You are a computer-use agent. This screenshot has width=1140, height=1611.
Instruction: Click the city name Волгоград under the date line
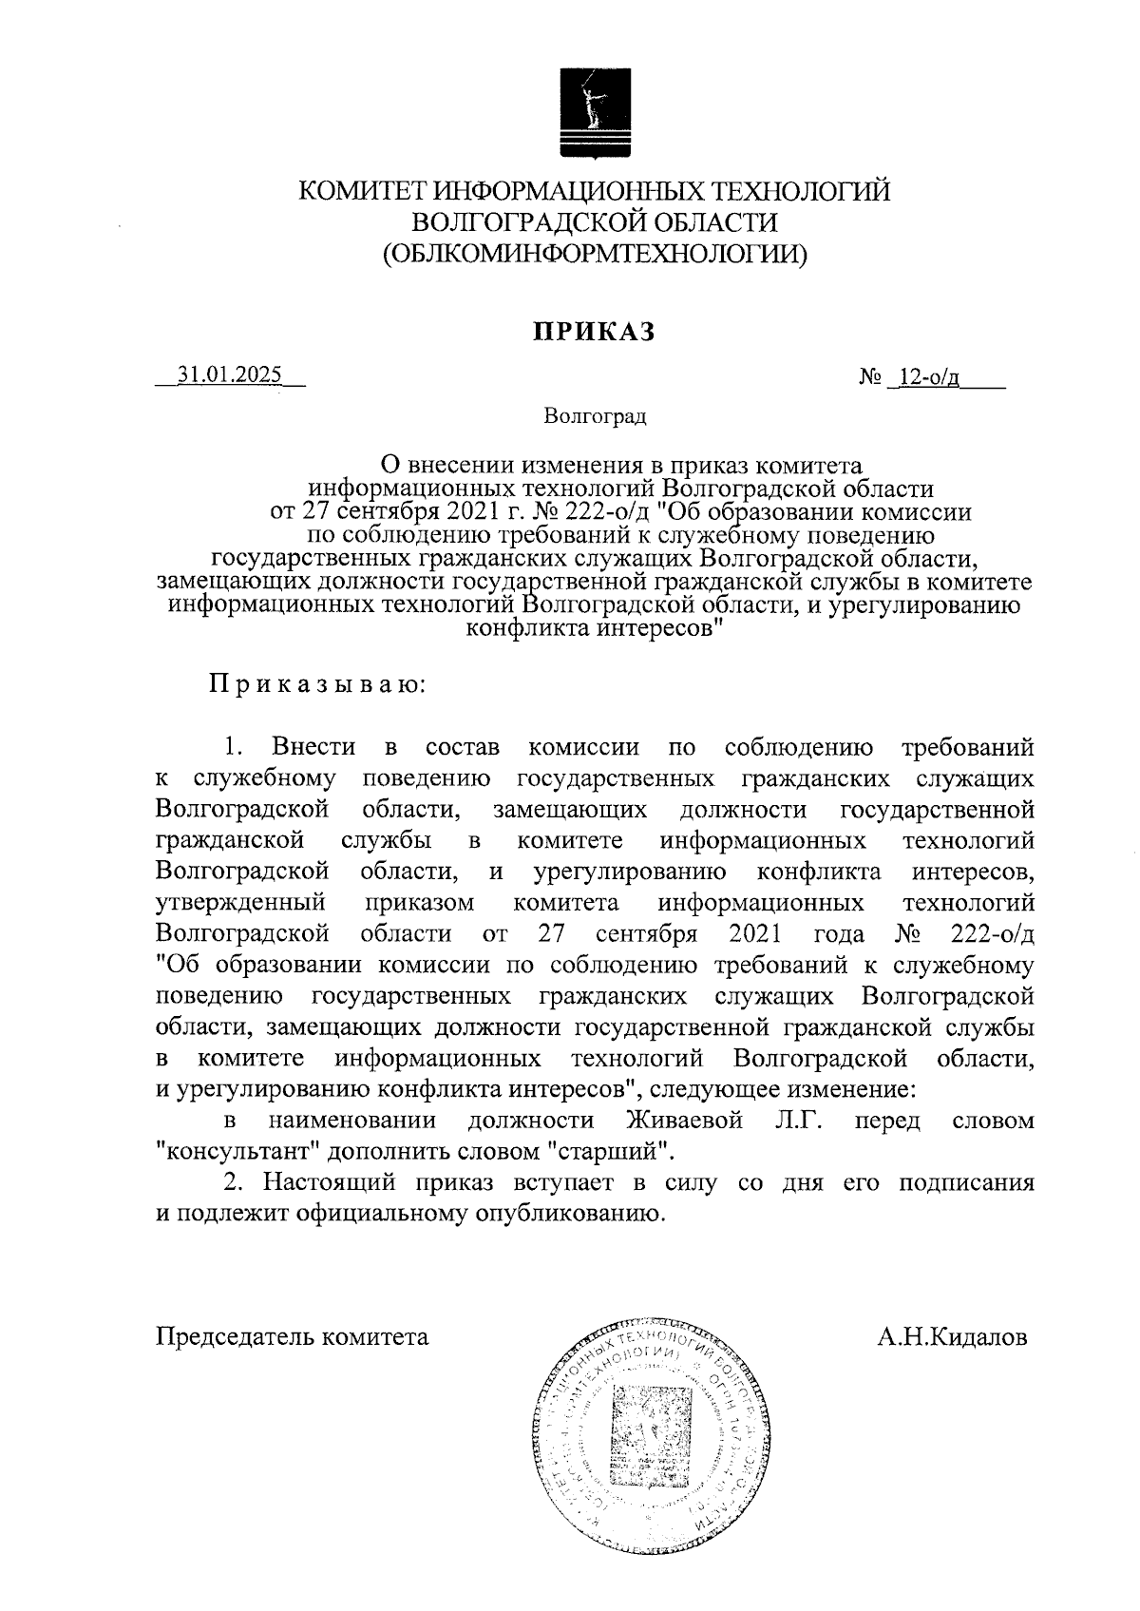coord(594,416)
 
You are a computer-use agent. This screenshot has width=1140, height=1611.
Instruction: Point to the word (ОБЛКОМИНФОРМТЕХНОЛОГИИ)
coord(595,255)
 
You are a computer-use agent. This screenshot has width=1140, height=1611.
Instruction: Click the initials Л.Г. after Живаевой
coord(796,1121)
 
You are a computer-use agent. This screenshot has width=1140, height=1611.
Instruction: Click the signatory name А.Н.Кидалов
coord(952,1337)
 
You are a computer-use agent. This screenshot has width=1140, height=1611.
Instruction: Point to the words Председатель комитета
coord(293,1337)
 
